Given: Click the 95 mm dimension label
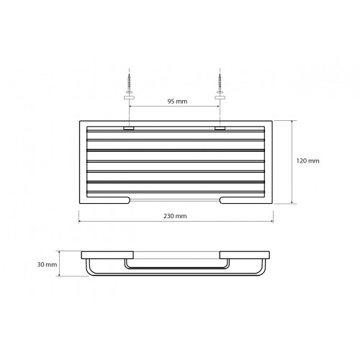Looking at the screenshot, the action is click(x=177, y=102).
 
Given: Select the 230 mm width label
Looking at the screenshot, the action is click(x=175, y=216).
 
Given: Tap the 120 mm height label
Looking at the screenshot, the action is click(x=307, y=161).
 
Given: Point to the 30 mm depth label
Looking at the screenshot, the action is click(x=47, y=264).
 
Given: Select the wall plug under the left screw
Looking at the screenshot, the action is click(x=130, y=97).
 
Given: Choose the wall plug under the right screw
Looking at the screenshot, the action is click(x=220, y=97).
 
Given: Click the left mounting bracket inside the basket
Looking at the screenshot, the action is click(x=129, y=128).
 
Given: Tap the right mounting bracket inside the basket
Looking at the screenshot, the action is click(x=220, y=128).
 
